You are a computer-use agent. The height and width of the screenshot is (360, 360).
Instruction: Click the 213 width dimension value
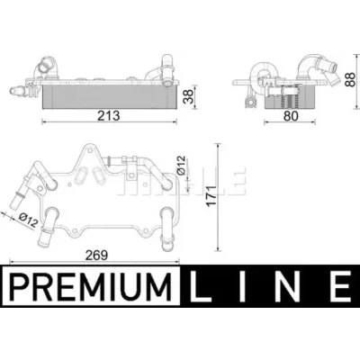pyautogui.click(x=108, y=116)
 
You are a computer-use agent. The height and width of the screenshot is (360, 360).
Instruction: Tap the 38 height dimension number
pyautogui.click(x=189, y=97)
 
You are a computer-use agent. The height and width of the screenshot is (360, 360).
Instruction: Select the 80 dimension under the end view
pyautogui.click(x=291, y=116)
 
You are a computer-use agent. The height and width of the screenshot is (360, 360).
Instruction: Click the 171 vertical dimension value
pyautogui.click(x=211, y=195)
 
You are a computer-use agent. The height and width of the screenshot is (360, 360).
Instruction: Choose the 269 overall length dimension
pyautogui.click(x=96, y=256)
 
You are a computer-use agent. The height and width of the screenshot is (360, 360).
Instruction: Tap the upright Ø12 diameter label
pyautogui.click(x=182, y=166)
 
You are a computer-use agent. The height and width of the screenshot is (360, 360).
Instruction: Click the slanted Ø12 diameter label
pyautogui.click(x=28, y=220)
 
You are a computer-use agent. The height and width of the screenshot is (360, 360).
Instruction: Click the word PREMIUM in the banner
pyautogui.click(x=91, y=285)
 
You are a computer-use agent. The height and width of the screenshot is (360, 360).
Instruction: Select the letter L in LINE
pyautogui.click(x=201, y=285)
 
